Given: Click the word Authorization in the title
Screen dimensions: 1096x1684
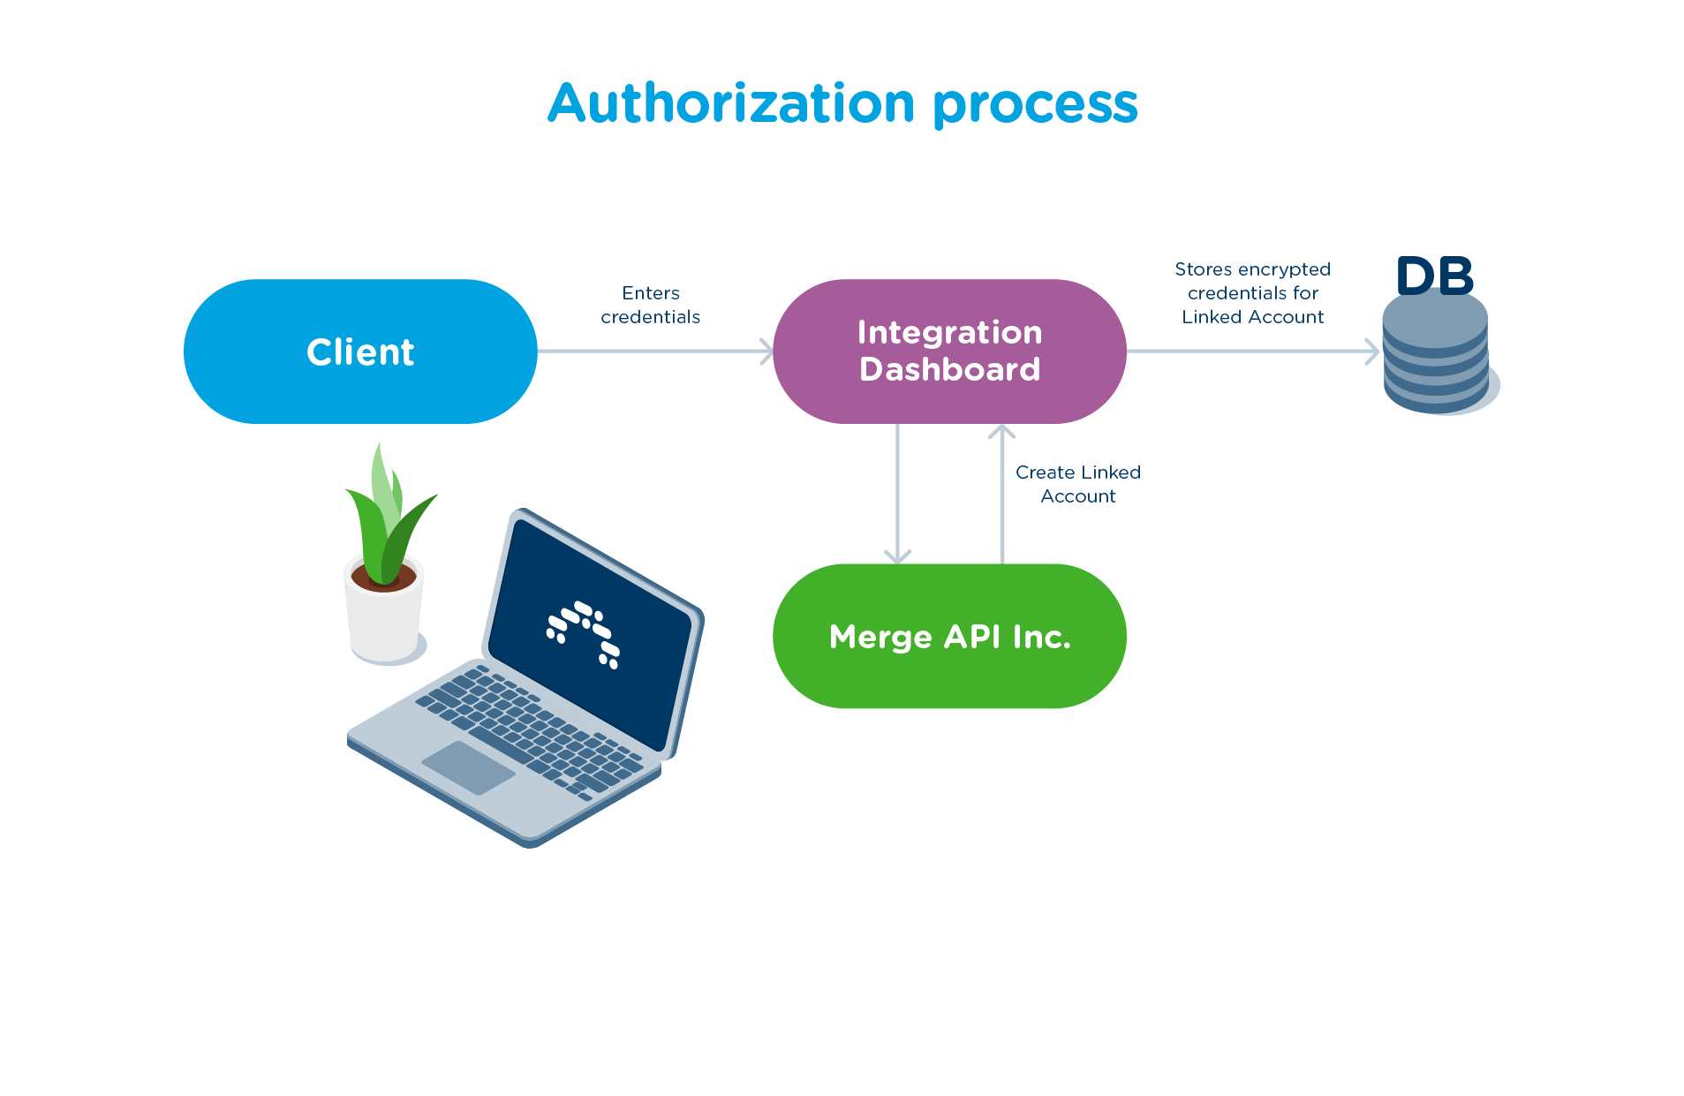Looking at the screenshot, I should (731, 103).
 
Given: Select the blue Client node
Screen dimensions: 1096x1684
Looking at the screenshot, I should (359, 351).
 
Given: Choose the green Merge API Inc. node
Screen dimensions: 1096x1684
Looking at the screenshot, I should (949, 636).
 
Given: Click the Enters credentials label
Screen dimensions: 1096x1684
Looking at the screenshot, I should (650, 305).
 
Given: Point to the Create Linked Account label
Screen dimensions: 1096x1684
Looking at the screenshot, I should (1077, 484).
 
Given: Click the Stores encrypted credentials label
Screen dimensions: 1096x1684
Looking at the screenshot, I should (1252, 292).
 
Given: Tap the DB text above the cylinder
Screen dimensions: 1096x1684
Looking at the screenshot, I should (1435, 276).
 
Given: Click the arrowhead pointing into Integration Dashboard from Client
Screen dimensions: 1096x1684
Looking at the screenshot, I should (766, 351).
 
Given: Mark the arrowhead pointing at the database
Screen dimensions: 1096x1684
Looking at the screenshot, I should (1372, 351).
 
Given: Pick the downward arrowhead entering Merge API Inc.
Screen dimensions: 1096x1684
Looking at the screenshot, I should (897, 556).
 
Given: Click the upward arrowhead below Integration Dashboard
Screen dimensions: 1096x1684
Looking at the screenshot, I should (1001, 432).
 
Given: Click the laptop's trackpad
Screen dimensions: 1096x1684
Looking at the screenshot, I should (468, 767).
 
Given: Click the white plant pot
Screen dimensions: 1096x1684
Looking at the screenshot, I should (383, 623).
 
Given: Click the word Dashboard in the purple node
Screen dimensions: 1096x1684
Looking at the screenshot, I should (949, 369).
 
